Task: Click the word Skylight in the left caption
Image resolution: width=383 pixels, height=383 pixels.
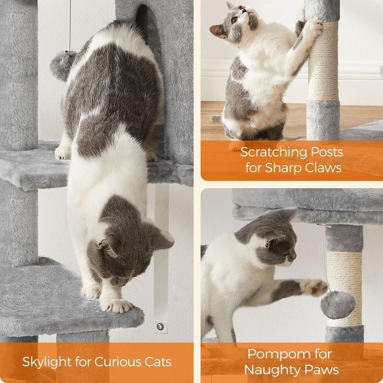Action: [x=46, y=362]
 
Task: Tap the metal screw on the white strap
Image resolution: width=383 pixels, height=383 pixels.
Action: [x=160, y=327]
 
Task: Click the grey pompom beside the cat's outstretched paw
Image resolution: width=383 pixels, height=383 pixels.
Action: [x=338, y=304]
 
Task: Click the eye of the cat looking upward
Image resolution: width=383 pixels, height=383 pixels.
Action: [x=235, y=20]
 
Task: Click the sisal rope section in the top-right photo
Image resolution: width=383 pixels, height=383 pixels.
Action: [x=323, y=61]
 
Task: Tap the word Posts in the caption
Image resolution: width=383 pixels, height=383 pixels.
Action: [x=327, y=152]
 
